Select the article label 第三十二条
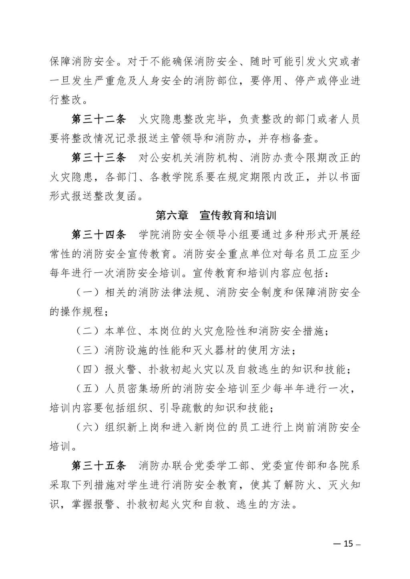tap(98, 120)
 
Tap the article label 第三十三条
tap(98, 158)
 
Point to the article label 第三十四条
tap(98, 235)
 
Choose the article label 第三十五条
tap(98, 466)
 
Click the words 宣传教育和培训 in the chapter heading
tap(238, 216)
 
